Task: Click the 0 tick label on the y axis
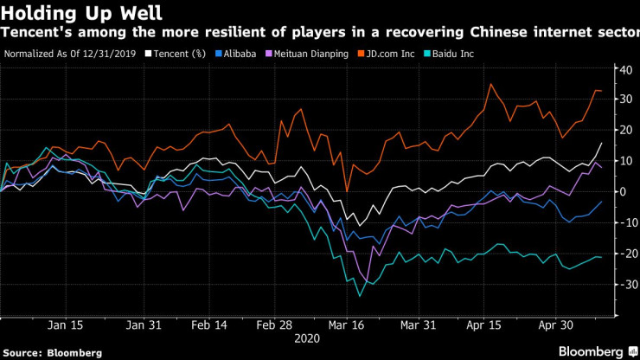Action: (623, 191)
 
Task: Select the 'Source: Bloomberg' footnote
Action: (52, 352)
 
